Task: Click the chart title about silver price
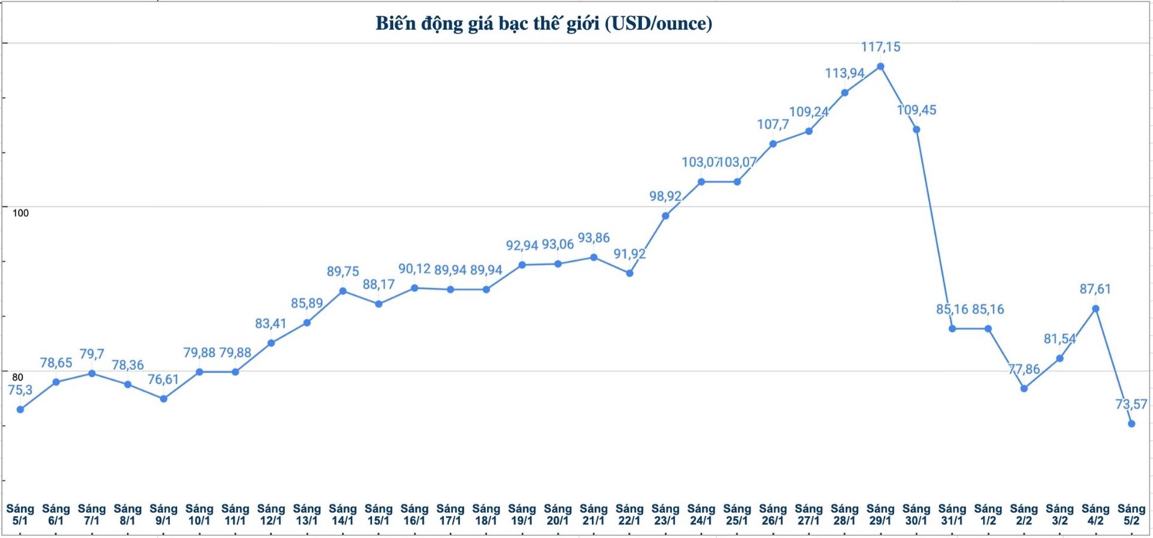(x=544, y=23)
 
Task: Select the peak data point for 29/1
(x=880, y=66)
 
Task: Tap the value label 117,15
(x=880, y=47)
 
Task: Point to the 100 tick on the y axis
(x=20, y=213)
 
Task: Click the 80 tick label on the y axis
(x=18, y=377)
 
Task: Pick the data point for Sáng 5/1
(x=20, y=410)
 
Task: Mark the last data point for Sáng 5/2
(x=1131, y=424)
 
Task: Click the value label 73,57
(x=1131, y=404)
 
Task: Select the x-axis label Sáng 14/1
(x=343, y=515)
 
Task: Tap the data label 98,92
(x=665, y=196)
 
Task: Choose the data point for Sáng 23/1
(x=665, y=216)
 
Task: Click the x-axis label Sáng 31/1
(x=952, y=515)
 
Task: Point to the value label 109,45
(x=916, y=110)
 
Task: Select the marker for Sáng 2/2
(x=1024, y=389)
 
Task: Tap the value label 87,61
(x=1095, y=289)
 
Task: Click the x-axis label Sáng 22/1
(x=629, y=515)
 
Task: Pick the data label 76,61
(x=163, y=380)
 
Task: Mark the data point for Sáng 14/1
(x=343, y=291)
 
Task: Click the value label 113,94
(x=844, y=74)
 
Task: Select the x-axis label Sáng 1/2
(x=988, y=515)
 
